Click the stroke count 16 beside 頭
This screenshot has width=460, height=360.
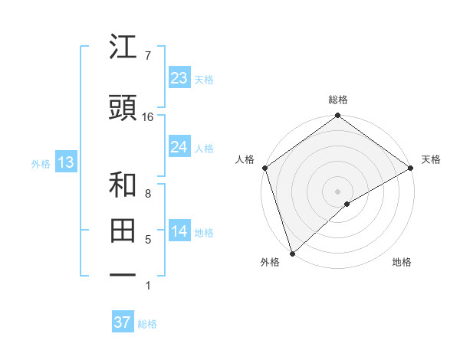click(148, 117)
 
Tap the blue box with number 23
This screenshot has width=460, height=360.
click(179, 78)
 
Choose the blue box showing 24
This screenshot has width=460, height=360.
click(179, 147)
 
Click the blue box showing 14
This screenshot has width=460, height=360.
click(179, 231)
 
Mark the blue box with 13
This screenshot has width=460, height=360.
click(66, 162)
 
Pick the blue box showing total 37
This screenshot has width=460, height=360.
click(123, 322)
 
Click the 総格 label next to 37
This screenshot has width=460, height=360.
click(147, 324)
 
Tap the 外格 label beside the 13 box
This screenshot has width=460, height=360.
click(41, 164)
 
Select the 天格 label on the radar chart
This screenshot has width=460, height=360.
click(431, 159)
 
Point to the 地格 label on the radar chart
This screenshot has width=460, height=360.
click(402, 262)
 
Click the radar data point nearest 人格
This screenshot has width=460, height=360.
click(264, 168)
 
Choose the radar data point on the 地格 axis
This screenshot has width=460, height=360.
click(347, 204)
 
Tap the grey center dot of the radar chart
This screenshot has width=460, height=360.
click(337, 191)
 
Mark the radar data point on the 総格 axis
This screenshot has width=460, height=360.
click(337, 116)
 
